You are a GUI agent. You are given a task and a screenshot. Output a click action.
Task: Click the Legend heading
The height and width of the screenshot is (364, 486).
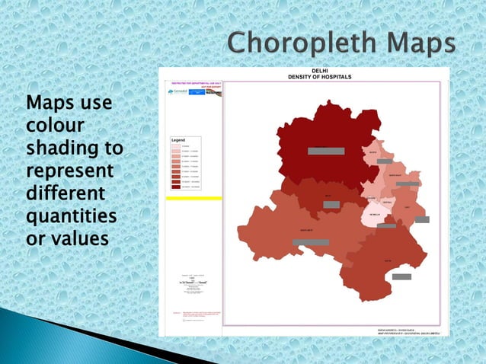[x=178, y=141]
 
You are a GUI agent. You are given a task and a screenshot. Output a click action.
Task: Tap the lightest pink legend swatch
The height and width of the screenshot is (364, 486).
[x=176, y=147]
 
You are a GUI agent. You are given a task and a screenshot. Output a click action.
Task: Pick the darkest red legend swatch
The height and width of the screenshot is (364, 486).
[x=176, y=185]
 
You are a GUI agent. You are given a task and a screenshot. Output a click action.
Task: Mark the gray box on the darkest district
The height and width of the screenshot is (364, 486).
[x=326, y=151]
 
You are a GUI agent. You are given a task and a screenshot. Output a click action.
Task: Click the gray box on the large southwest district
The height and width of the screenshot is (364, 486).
[x=311, y=242]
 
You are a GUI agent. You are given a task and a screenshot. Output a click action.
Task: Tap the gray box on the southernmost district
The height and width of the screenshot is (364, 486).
[x=401, y=276]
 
